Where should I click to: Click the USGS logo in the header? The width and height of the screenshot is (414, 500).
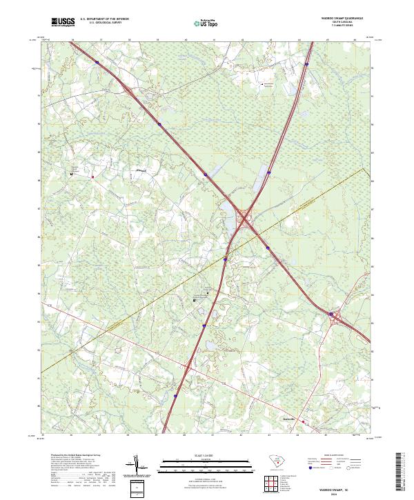[x=63, y=22]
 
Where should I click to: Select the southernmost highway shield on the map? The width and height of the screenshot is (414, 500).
[x=175, y=396]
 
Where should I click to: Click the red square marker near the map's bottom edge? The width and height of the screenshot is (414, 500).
[x=302, y=421]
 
